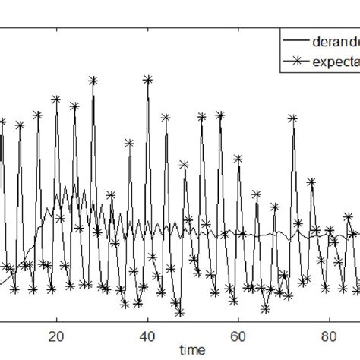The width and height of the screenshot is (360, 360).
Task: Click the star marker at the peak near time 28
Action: pos(93,79)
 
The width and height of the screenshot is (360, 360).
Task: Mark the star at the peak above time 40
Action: pos(147,78)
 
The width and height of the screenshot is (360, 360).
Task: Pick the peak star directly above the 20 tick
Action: pos(56,99)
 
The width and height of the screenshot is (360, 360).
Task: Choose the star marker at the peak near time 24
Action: pos(74,106)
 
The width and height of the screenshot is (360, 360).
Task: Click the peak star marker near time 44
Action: pos(166,118)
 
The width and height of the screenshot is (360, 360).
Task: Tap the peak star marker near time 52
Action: pos(202,117)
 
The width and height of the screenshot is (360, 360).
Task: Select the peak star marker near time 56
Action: pos(220,115)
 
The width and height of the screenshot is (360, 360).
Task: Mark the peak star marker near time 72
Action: pos(293,118)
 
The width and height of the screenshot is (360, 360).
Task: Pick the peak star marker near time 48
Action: pos(184,164)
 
